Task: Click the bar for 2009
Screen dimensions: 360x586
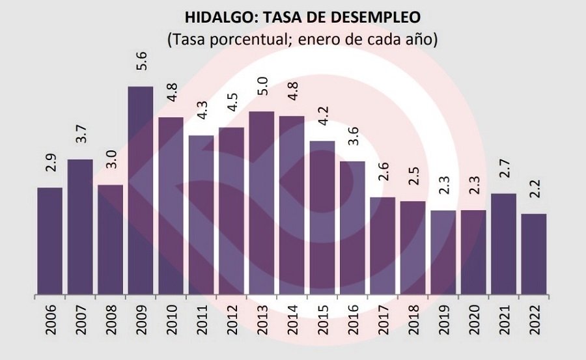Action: (x=141, y=190)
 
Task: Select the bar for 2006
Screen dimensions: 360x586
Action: (x=50, y=241)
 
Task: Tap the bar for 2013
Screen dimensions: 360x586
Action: (x=262, y=203)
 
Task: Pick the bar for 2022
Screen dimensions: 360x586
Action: (x=533, y=254)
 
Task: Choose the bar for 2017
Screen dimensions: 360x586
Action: (x=382, y=246)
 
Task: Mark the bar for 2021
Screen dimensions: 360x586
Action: (x=503, y=244)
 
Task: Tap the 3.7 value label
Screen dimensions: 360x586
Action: (x=81, y=134)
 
